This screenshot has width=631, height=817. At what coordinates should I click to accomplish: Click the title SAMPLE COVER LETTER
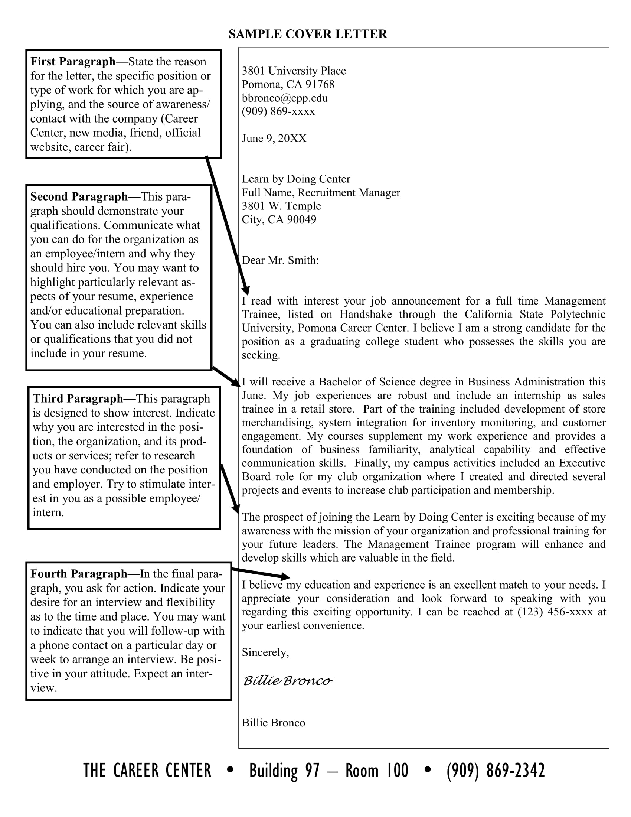308,34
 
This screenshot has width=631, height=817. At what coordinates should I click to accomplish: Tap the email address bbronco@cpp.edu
284,98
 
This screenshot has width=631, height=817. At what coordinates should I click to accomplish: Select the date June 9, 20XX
274,139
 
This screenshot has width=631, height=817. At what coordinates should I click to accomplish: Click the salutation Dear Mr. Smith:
280,260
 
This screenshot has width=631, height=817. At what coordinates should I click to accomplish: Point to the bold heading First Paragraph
73,61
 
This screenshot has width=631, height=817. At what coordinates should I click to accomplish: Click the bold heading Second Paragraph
79,196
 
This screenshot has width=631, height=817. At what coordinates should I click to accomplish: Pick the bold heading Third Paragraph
78,398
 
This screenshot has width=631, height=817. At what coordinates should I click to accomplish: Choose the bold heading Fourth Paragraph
79,573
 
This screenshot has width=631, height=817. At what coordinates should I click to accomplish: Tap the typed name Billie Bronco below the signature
273,722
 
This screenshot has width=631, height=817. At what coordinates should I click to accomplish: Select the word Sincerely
265,652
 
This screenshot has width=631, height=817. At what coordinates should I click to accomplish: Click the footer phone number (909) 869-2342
496,771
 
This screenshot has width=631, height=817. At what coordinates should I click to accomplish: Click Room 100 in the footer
376,771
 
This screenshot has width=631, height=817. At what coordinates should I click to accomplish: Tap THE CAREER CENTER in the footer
147,771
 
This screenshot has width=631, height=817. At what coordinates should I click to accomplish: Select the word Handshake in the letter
366,314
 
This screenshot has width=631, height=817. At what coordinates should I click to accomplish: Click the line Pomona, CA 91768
288,85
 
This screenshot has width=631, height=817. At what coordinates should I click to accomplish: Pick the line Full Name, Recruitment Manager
321,192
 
